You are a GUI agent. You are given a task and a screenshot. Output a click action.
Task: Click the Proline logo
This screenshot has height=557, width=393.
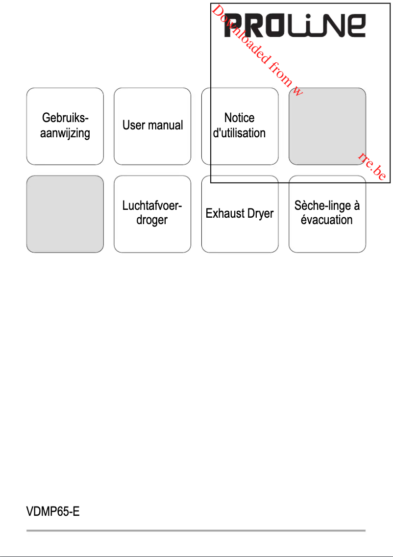point(295,26)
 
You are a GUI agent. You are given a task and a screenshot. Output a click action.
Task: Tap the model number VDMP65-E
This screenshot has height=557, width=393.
point(53,512)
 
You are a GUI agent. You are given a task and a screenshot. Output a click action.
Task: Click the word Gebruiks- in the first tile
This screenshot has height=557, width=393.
point(65,118)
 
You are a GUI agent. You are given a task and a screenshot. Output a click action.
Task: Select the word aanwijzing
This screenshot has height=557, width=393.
point(65,133)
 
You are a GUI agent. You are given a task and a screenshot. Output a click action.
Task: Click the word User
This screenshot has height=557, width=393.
point(134,126)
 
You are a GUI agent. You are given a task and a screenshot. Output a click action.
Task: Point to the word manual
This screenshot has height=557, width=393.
point(165,126)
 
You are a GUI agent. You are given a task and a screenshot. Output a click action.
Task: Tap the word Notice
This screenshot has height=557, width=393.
point(240,118)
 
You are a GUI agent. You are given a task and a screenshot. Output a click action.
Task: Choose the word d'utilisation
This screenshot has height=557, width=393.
point(239,133)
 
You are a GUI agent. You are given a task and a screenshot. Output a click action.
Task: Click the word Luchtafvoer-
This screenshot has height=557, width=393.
point(152,206)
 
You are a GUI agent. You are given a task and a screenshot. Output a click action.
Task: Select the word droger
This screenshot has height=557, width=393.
point(152,221)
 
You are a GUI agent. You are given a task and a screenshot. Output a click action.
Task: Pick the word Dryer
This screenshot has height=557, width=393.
point(260,214)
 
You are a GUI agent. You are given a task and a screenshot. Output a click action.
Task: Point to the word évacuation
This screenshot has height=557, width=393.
point(327,220)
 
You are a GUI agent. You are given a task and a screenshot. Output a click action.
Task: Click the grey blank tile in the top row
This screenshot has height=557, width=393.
point(327,126)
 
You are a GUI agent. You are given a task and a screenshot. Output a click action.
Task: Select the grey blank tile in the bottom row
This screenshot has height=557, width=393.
point(65,214)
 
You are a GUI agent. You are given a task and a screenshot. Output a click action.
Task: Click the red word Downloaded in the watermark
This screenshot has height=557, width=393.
point(241,37)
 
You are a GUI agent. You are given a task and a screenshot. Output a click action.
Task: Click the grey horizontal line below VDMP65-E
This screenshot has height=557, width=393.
point(196,530)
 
